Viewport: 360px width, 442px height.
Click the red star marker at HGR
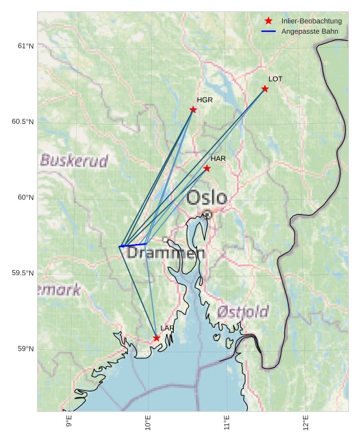[x=193, y=110]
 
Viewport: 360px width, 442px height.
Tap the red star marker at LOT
[x=265, y=89]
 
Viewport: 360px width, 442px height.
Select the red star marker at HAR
[x=207, y=169]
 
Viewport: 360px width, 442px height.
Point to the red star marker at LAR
[x=156, y=338]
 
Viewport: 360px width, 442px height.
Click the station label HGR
[x=205, y=100]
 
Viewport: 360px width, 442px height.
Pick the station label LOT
[x=276, y=79]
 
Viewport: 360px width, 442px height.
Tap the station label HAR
[x=218, y=158]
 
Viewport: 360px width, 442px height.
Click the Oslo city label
[x=206, y=197]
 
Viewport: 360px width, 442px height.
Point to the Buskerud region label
[x=74, y=160]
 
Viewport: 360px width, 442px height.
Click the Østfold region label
[x=243, y=312]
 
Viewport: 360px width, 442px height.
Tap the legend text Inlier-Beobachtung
[x=311, y=21]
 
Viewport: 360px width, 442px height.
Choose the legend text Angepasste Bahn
[x=310, y=31]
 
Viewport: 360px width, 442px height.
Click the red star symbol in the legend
[x=269, y=21]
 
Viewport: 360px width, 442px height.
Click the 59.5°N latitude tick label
[x=23, y=273]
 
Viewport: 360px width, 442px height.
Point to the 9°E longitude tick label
[x=69, y=423]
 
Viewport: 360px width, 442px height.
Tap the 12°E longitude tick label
[x=306, y=423]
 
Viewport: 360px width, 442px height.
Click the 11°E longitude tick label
[x=227, y=423]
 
